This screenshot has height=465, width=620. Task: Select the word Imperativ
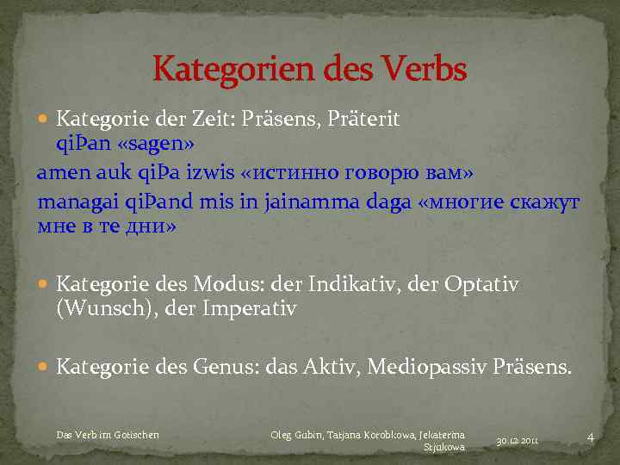pos(250,308)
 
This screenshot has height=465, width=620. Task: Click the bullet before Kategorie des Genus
pos(45,368)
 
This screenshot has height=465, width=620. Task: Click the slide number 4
pos(590,437)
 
